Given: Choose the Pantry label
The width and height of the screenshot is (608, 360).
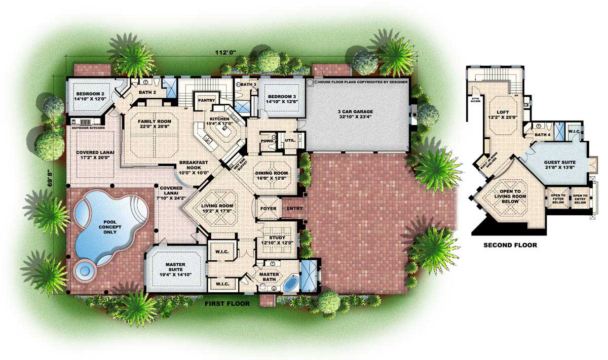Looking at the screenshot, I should [x=207, y=100].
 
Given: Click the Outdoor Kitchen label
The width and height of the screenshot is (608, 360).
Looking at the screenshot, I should [x=89, y=128].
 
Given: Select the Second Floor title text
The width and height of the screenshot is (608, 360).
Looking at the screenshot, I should [x=510, y=245].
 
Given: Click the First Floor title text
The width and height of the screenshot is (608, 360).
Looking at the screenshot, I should [x=227, y=304].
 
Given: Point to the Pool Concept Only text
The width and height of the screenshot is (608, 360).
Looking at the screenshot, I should [x=110, y=225].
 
